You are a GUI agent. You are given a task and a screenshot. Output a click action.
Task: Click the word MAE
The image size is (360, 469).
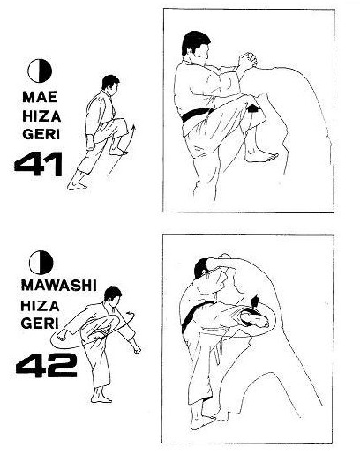[40, 97]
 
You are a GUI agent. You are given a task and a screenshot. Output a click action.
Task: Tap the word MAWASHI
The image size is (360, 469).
[59, 286]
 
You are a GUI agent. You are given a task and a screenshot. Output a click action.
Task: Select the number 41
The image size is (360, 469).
[39, 164]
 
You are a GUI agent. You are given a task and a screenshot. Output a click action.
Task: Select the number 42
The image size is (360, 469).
[47, 365]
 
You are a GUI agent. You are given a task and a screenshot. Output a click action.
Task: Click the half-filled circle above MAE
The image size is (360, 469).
[40, 71]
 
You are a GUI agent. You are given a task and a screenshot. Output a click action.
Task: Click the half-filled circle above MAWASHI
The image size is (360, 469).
[41, 263]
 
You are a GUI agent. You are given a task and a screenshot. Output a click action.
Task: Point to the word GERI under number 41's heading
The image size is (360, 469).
[41, 135]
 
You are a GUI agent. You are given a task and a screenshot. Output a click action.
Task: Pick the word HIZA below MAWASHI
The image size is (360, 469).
[40, 306]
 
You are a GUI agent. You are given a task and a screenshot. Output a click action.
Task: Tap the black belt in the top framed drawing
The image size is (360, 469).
[194, 115]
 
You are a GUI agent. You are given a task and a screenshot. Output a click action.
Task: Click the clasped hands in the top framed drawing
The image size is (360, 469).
[247, 61]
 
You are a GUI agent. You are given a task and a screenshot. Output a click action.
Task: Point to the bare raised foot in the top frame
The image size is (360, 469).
[261, 156]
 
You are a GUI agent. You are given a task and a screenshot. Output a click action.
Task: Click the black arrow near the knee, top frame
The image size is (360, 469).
[253, 108]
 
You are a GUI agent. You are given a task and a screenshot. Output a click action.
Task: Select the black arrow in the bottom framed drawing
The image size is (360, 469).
[254, 301]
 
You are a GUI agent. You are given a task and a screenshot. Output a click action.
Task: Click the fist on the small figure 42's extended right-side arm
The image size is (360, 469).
[137, 349]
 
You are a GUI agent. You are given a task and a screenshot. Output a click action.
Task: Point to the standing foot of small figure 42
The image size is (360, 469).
[101, 398]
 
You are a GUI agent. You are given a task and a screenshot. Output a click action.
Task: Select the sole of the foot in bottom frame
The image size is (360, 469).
[255, 319]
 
